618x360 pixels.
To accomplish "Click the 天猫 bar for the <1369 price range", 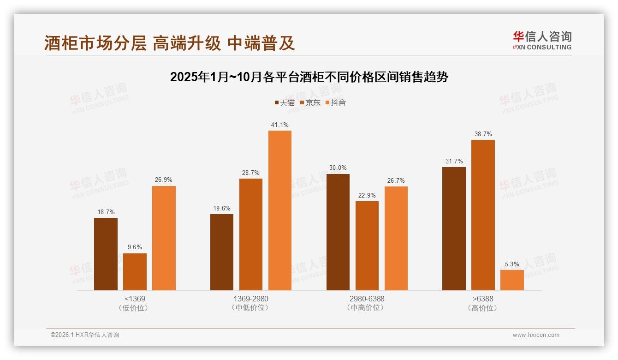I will pyautogui.click(x=106, y=254).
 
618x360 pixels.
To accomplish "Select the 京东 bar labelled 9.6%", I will pyautogui.click(x=135, y=272).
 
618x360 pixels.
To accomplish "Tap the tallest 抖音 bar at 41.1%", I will pyautogui.click(x=280, y=210).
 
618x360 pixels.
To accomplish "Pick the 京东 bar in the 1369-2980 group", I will pyautogui.click(x=251, y=234).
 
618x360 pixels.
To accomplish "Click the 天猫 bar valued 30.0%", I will pyautogui.click(x=338, y=232).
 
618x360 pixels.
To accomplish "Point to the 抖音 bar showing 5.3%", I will pyautogui.click(x=512, y=280).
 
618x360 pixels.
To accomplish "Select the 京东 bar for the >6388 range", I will pyautogui.click(x=483, y=215).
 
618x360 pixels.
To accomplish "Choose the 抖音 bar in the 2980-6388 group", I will pyautogui.click(x=396, y=238).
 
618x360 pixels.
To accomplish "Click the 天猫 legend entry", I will pyautogui.click(x=285, y=102).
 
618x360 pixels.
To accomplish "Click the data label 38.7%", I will pyautogui.click(x=483, y=134).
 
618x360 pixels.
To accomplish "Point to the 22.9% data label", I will pyautogui.click(x=367, y=195).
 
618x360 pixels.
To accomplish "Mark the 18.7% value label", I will pyautogui.click(x=106, y=212).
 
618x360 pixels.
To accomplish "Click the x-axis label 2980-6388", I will pyautogui.click(x=367, y=299).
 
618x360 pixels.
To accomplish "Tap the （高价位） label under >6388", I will pyautogui.click(x=483, y=308).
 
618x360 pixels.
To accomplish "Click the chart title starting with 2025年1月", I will pyautogui.click(x=309, y=77).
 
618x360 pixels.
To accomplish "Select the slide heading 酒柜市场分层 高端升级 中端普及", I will pyautogui.click(x=169, y=43).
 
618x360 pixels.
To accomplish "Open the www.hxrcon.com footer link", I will pyautogui.click(x=536, y=335).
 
